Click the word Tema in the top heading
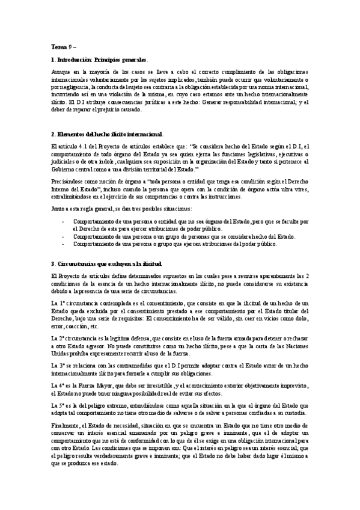[x=59, y=46]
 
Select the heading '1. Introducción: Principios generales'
[x=99, y=60]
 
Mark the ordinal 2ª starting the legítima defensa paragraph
[x=62, y=339]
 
